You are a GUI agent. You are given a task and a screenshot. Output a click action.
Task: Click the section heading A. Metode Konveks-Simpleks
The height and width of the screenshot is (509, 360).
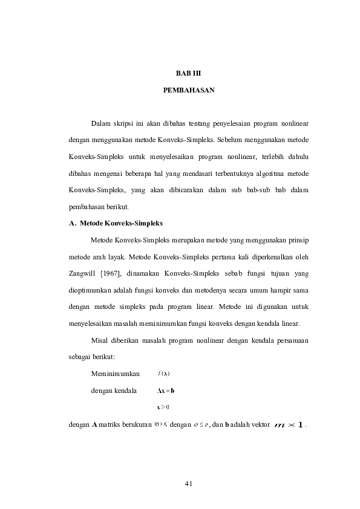pos(116,223)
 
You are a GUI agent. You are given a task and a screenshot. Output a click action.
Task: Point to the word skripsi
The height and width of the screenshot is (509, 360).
pos(126,125)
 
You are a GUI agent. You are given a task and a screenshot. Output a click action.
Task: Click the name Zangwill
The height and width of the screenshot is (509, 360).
pos(82,273)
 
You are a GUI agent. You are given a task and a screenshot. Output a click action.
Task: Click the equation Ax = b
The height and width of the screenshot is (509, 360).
pos(165,391)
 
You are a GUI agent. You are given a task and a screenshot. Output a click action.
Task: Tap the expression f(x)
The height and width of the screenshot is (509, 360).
pos(164,373)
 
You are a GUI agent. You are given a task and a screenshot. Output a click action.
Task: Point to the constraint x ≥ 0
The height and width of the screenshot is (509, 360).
pos(163,407)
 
